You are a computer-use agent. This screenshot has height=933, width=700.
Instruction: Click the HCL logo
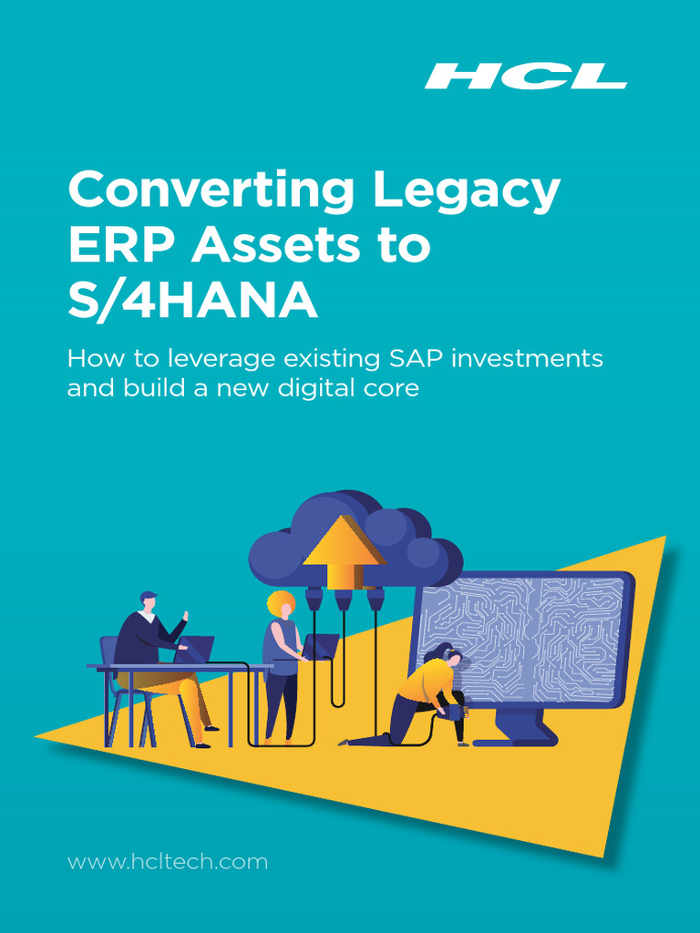[x=525, y=76]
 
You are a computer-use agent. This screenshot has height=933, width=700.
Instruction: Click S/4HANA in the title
[x=192, y=302]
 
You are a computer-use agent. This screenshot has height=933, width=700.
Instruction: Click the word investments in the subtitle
[x=538, y=358]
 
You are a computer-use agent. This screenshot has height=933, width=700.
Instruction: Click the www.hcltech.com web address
[x=168, y=861]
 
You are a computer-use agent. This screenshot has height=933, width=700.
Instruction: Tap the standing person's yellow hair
[x=281, y=603]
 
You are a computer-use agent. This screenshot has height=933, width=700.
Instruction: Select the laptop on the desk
[x=195, y=650]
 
